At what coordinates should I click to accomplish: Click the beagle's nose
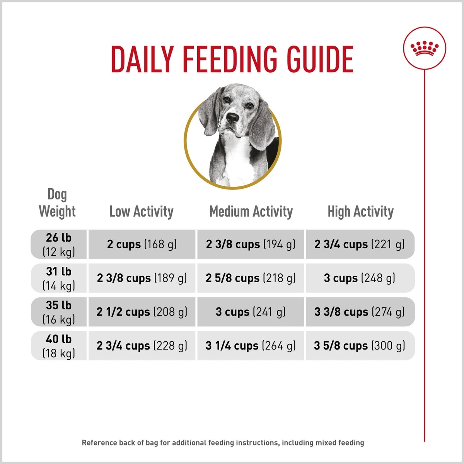tap(233, 118)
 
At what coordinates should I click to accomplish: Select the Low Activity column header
tap(141, 212)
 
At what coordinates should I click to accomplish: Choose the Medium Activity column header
tap(251, 212)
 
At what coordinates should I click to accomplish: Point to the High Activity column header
tap(360, 212)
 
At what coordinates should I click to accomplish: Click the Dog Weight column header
tap(57, 203)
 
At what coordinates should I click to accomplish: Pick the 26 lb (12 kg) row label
tap(59, 244)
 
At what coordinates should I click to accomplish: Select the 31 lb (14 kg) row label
tap(59, 278)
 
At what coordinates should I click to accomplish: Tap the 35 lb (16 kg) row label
tap(59, 312)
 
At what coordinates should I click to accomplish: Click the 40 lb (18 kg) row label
tap(59, 346)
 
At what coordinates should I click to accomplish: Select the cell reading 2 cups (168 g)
tap(142, 244)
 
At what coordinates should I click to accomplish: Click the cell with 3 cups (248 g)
tap(360, 278)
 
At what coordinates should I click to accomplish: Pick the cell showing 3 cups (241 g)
tap(251, 312)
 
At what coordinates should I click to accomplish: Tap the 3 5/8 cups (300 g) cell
tap(360, 346)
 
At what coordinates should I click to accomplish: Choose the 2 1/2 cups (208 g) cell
tap(142, 312)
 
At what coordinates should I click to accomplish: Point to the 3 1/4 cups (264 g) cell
tap(251, 346)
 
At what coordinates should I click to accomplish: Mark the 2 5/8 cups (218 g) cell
tap(251, 278)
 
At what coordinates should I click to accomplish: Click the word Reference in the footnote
tap(99, 443)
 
